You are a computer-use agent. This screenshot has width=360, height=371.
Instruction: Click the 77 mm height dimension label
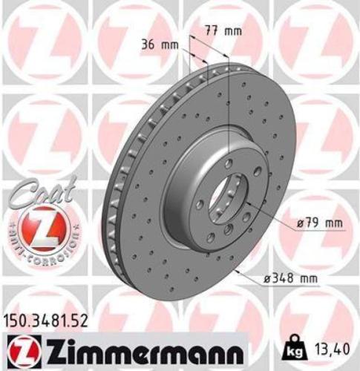click(x=223, y=30)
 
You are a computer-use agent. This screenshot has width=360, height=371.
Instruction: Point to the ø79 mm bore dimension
click(x=321, y=221)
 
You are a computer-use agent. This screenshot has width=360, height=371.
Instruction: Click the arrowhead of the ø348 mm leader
click(x=236, y=272)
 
